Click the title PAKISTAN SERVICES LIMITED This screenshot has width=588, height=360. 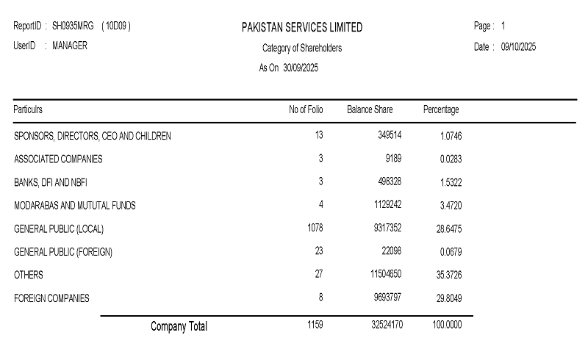pos(301,27)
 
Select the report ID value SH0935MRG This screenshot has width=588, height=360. pos(73,26)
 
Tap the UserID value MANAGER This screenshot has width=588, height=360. pos(70,46)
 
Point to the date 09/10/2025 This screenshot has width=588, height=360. pos(519,47)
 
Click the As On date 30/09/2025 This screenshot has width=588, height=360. pos(301,68)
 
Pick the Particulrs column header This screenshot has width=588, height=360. pos(28,109)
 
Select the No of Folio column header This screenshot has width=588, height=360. pos(306,109)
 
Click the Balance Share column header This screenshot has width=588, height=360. pos(370,109)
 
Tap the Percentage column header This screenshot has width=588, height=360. pos(441,109)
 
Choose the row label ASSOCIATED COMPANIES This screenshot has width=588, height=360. pos(58,159)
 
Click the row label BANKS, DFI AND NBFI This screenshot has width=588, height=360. pos(51,182)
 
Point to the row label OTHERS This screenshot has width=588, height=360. pos(29,275)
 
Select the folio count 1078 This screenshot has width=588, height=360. pos(315,228)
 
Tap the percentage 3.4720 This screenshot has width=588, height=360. pos(451,206)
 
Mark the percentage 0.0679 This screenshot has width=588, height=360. pos(451,252)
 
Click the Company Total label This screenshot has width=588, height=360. pos(179,325)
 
